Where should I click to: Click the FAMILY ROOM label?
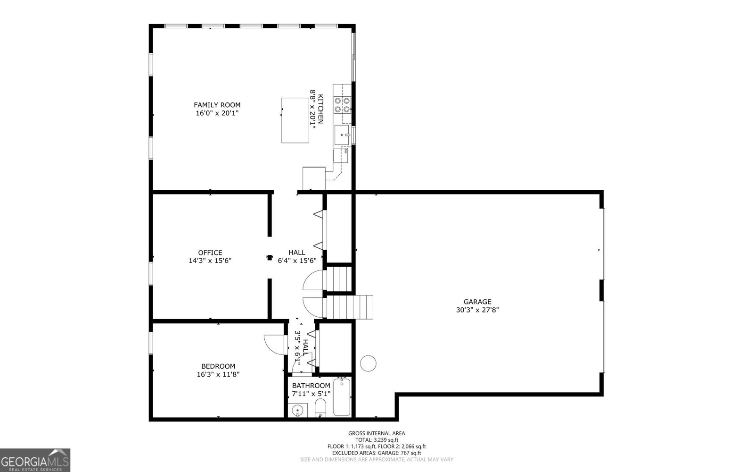(217, 105)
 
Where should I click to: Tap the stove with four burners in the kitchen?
(342, 105)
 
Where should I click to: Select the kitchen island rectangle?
(295, 120)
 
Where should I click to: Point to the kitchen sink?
(342, 135)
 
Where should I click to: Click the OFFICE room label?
(210, 253)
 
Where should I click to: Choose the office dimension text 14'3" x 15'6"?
(210, 261)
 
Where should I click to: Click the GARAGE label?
(477, 302)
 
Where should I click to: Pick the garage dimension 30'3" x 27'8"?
(477, 310)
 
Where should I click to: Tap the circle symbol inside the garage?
(368, 363)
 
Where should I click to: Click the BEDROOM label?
(218, 366)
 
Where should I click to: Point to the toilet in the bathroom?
(320, 408)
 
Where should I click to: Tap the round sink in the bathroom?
(297, 411)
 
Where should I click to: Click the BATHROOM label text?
(311, 386)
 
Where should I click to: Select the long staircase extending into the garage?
(349, 307)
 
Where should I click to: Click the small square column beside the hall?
(270, 257)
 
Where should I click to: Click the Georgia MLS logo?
(35, 460)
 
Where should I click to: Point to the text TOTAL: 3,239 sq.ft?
(376, 439)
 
